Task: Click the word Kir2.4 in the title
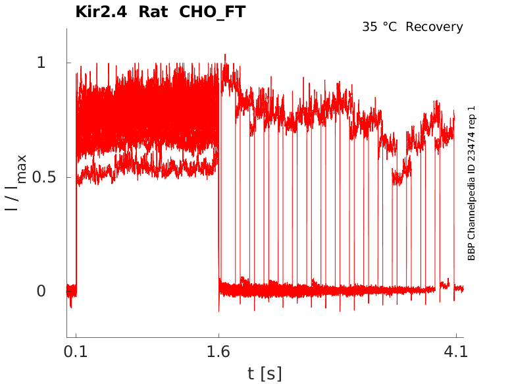click(101, 12)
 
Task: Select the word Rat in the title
click(153, 12)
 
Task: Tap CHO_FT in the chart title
click(213, 13)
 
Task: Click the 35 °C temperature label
click(380, 27)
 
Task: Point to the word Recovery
click(434, 27)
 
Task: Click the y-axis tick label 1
click(41, 63)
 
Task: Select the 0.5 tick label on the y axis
click(43, 177)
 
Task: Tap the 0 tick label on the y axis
click(41, 291)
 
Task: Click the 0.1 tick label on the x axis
click(76, 352)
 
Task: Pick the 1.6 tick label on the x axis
click(218, 352)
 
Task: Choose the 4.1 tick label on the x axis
click(456, 352)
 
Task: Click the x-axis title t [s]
click(265, 373)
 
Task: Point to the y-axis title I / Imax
click(16, 182)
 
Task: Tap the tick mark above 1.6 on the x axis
click(218, 335)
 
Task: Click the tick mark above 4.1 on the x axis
click(456, 335)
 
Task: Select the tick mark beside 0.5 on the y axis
click(69, 177)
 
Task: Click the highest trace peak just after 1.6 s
click(225, 55)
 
